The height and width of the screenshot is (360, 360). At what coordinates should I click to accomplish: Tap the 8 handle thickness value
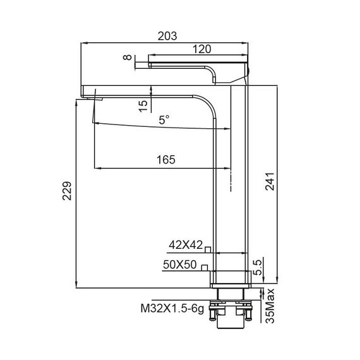[x=129, y=58]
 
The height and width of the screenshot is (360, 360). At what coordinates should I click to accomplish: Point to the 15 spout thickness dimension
[x=144, y=104]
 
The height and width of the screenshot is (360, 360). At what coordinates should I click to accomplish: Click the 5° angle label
[x=164, y=118]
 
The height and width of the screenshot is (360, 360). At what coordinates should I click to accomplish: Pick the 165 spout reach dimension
[x=165, y=160]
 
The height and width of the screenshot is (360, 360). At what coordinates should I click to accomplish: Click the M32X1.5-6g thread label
[x=172, y=309]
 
